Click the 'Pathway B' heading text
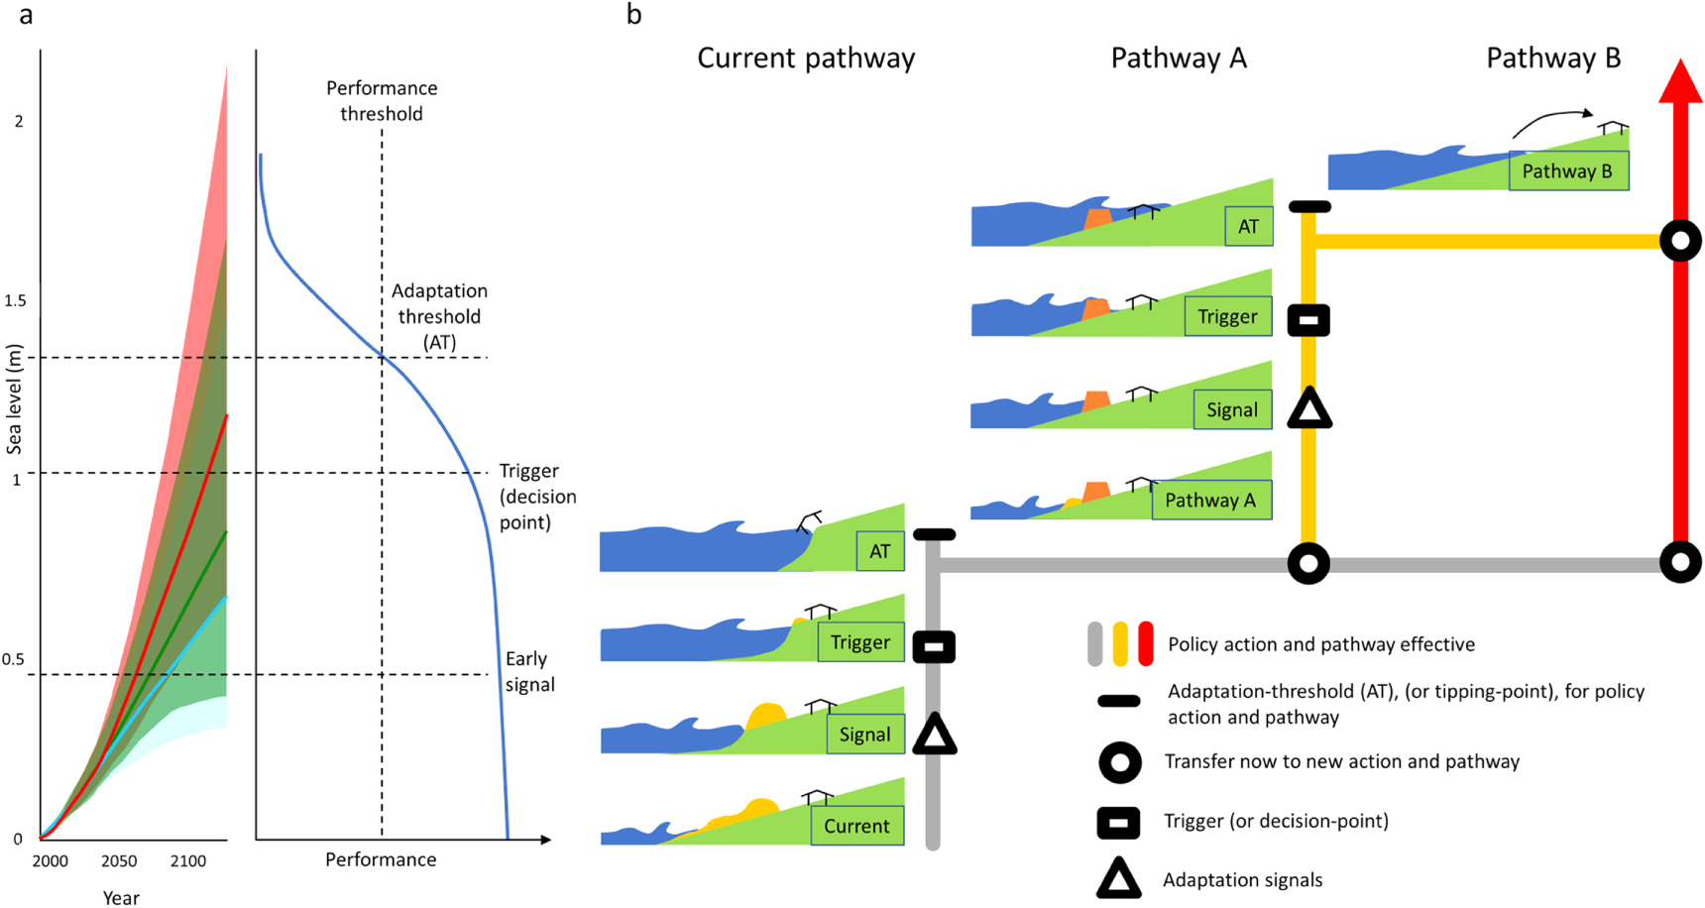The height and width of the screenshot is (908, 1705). pos(1552,58)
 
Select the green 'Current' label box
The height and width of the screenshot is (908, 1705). pos(856,826)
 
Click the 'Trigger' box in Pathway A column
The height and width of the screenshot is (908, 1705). pos(1227,316)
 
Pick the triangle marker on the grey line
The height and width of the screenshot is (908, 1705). pos(934,736)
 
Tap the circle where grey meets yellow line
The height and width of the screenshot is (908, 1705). pos(1308,563)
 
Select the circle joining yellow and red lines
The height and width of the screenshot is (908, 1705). pos(1680,241)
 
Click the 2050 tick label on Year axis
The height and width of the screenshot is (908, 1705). pos(119,861)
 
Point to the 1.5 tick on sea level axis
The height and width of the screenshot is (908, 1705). pos(15,300)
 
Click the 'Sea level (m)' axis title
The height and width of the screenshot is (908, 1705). pos(14,399)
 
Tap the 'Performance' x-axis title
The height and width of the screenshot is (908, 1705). pos(381,859)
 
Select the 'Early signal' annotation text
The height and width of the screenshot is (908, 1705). pos(529,671)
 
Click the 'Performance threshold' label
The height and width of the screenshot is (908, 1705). pos(382,101)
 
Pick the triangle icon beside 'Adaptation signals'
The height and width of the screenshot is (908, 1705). pos(1118,879)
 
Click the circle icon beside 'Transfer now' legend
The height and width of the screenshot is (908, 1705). pos(1119,762)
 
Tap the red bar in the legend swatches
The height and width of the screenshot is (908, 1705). pos(1146,643)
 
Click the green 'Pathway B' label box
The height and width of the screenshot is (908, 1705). pos(1567,171)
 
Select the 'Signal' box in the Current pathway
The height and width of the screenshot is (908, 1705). pos(864,735)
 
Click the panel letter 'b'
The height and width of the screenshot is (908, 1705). pos(634,15)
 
